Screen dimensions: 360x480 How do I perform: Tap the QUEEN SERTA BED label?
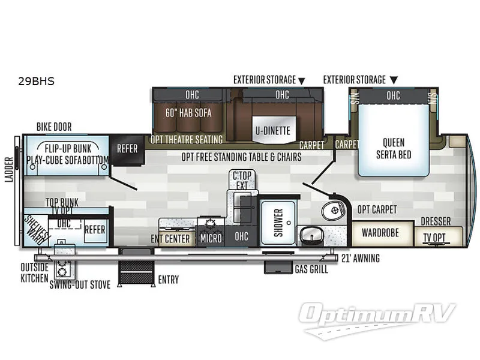(393, 148)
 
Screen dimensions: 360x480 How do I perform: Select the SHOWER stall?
(278, 222)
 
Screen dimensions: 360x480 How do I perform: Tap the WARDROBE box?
(383, 232)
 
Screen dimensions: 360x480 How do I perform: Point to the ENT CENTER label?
(170, 239)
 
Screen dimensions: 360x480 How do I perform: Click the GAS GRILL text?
(311, 270)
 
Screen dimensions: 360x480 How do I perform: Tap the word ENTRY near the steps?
(168, 280)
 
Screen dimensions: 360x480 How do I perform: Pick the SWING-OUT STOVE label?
(80, 285)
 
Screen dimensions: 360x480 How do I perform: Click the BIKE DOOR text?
(53, 127)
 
